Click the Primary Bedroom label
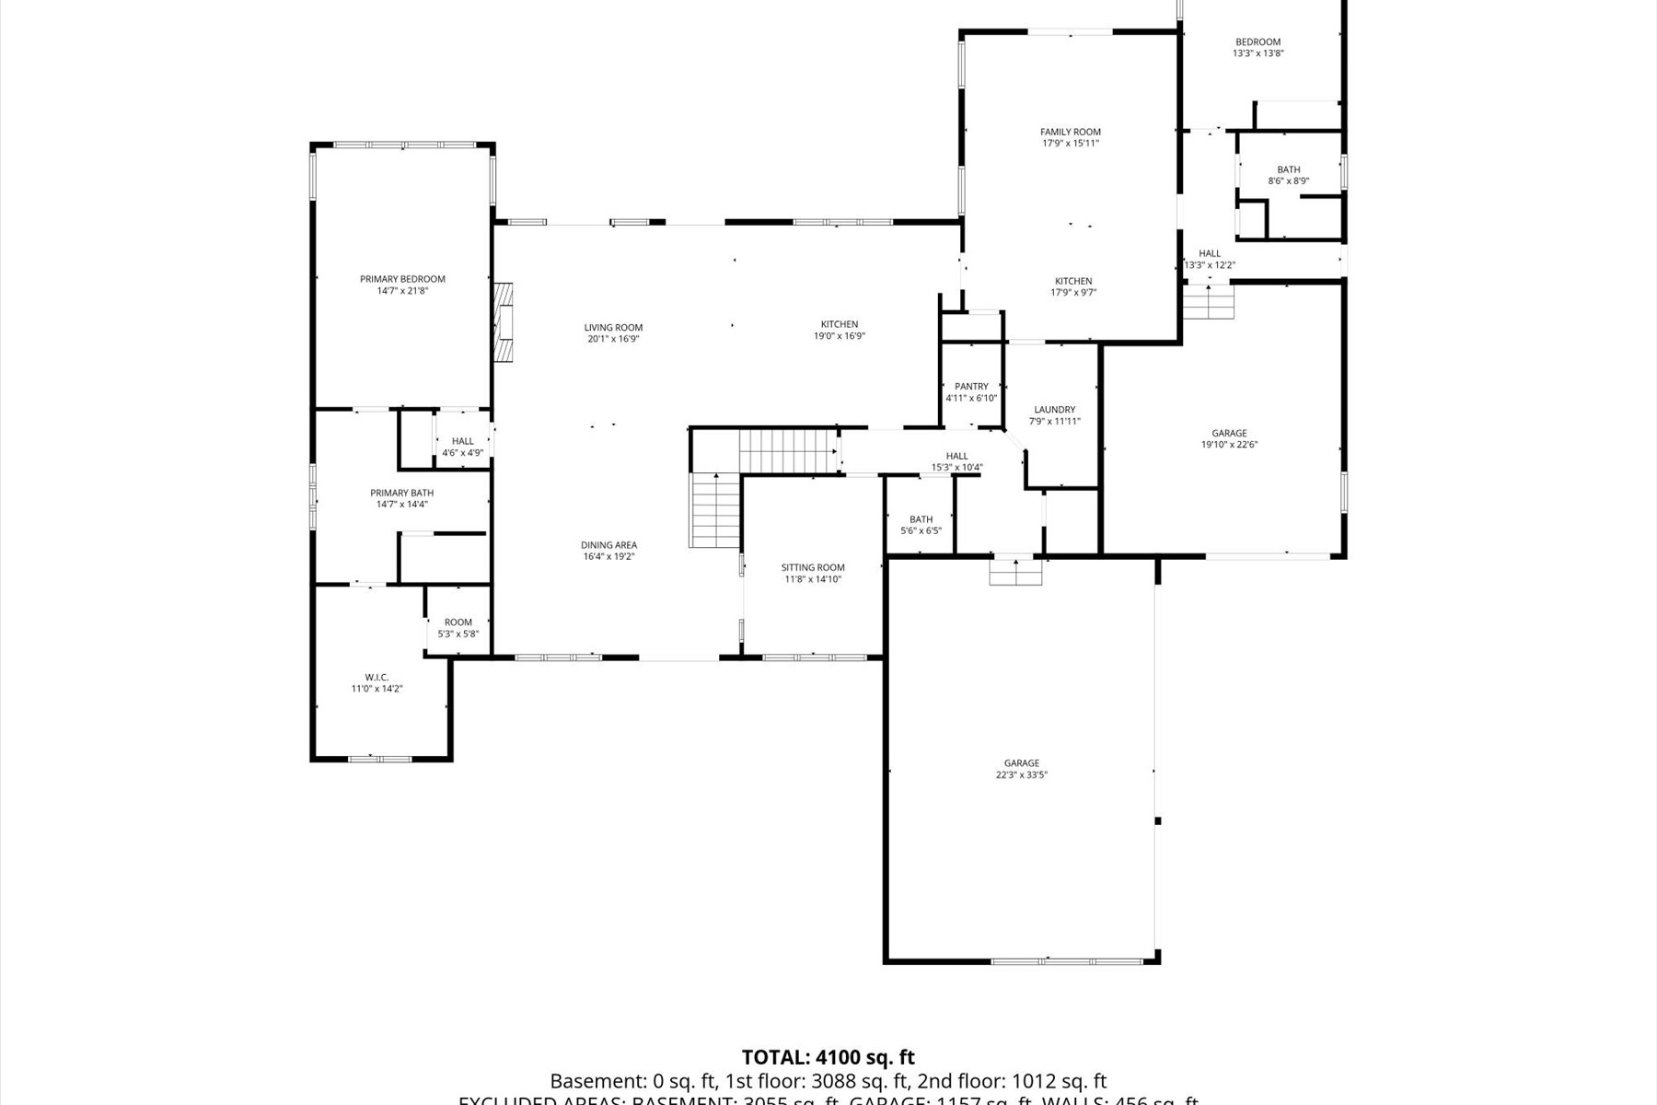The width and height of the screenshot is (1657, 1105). [402, 279]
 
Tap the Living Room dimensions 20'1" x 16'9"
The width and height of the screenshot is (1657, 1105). [613, 339]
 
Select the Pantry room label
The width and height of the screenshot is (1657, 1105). [971, 387]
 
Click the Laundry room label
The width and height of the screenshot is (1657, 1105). [1054, 410]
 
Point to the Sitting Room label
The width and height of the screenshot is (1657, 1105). [813, 567]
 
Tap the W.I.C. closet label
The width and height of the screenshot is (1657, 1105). [377, 677]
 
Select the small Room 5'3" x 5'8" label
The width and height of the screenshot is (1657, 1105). [458, 622]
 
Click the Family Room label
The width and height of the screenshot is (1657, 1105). [1071, 132]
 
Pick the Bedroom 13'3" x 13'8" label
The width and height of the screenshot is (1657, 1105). [1257, 41]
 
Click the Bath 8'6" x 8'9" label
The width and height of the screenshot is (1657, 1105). [1288, 169]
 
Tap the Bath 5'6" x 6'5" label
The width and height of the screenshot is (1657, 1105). [921, 519]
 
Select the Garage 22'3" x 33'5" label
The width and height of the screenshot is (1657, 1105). [1021, 763]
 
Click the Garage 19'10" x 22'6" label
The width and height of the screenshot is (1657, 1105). [1229, 433]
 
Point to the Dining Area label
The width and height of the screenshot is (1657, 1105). [608, 545]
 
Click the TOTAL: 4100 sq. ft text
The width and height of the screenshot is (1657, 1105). [828, 1057]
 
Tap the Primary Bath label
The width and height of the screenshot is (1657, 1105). [401, 493]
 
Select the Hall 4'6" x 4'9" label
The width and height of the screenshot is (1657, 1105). [462, 441]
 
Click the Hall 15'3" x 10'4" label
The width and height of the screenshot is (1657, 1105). [956, 456]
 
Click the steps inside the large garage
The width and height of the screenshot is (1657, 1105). [1015, 573]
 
